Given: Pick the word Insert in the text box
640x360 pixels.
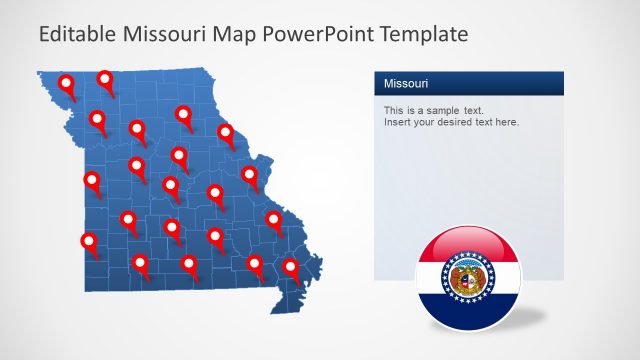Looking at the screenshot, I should coord(397,122).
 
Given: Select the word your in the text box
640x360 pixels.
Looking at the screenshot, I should coord(425,122).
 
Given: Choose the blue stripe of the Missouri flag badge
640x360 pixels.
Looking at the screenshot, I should coord(468,312).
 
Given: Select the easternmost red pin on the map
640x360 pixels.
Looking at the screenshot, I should coord(291,267).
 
